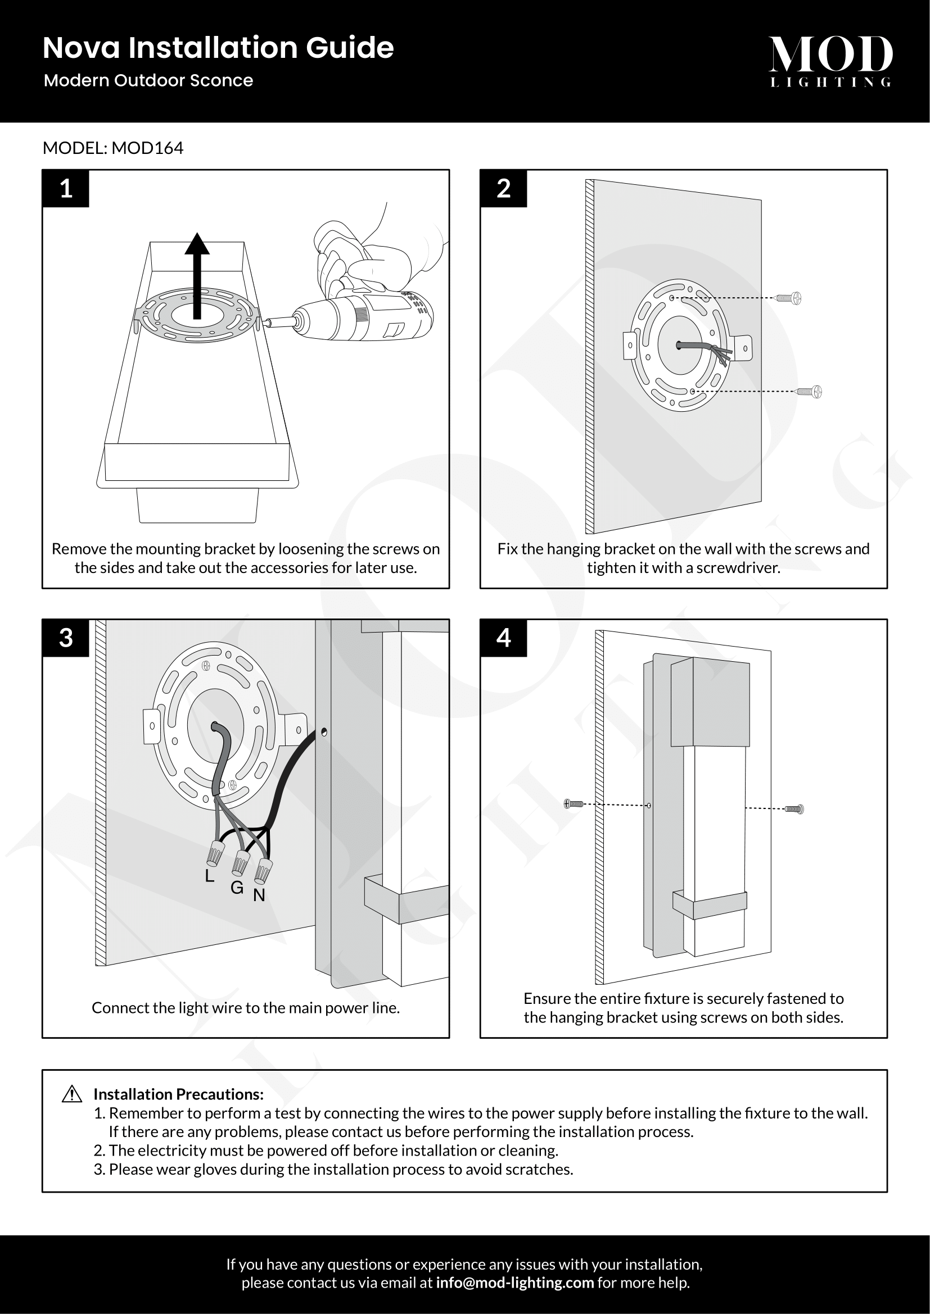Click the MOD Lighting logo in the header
830,61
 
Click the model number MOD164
147,148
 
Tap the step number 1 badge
66,188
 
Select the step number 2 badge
503,188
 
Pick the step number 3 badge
66,638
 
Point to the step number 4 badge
503,638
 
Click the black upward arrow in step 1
197,275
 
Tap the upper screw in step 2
789,298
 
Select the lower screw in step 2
811,392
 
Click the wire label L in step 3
210,876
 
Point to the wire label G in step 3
237,888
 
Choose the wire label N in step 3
259,895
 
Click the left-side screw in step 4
574,804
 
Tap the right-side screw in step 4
794,808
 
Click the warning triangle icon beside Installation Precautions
71,1094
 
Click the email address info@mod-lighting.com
515,1283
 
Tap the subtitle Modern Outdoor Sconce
148,80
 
